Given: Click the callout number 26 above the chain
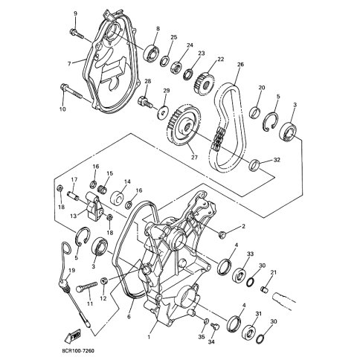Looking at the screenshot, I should pyautogui.click(x=240, y=65).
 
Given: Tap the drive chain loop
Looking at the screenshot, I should pyautogui.click(x=224, y=119).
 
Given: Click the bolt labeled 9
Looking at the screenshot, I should pyautogui.click(x=77, y=30).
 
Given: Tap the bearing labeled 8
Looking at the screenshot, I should pyautogui.click(x=155, y=50).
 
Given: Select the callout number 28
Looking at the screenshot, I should pyautogui.click(x=148, y=81).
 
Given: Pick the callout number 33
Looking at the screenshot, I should pyautogui.click(x=250, y=254).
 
